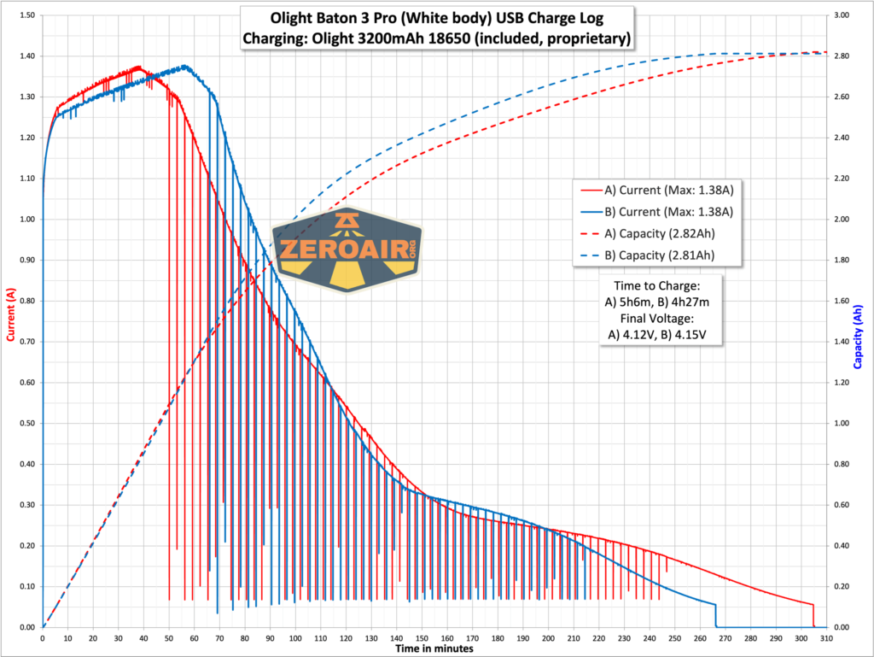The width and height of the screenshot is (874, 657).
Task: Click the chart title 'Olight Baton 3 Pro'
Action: click(x=437, y=19)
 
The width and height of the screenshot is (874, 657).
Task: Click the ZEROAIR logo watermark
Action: click(x=347, y=249)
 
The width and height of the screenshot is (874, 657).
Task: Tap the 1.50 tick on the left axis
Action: click(x=26, y=15)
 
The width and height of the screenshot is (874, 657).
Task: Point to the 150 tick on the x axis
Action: click(x=421, y=637)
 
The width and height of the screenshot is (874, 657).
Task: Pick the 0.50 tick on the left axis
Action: click(x=26, y=424)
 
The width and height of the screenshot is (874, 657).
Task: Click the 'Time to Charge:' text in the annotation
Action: click(x=657, y=284)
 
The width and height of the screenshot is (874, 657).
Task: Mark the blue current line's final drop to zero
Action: click(x=715, y=615)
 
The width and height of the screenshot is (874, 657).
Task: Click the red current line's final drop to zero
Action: click(x=813, y=615)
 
